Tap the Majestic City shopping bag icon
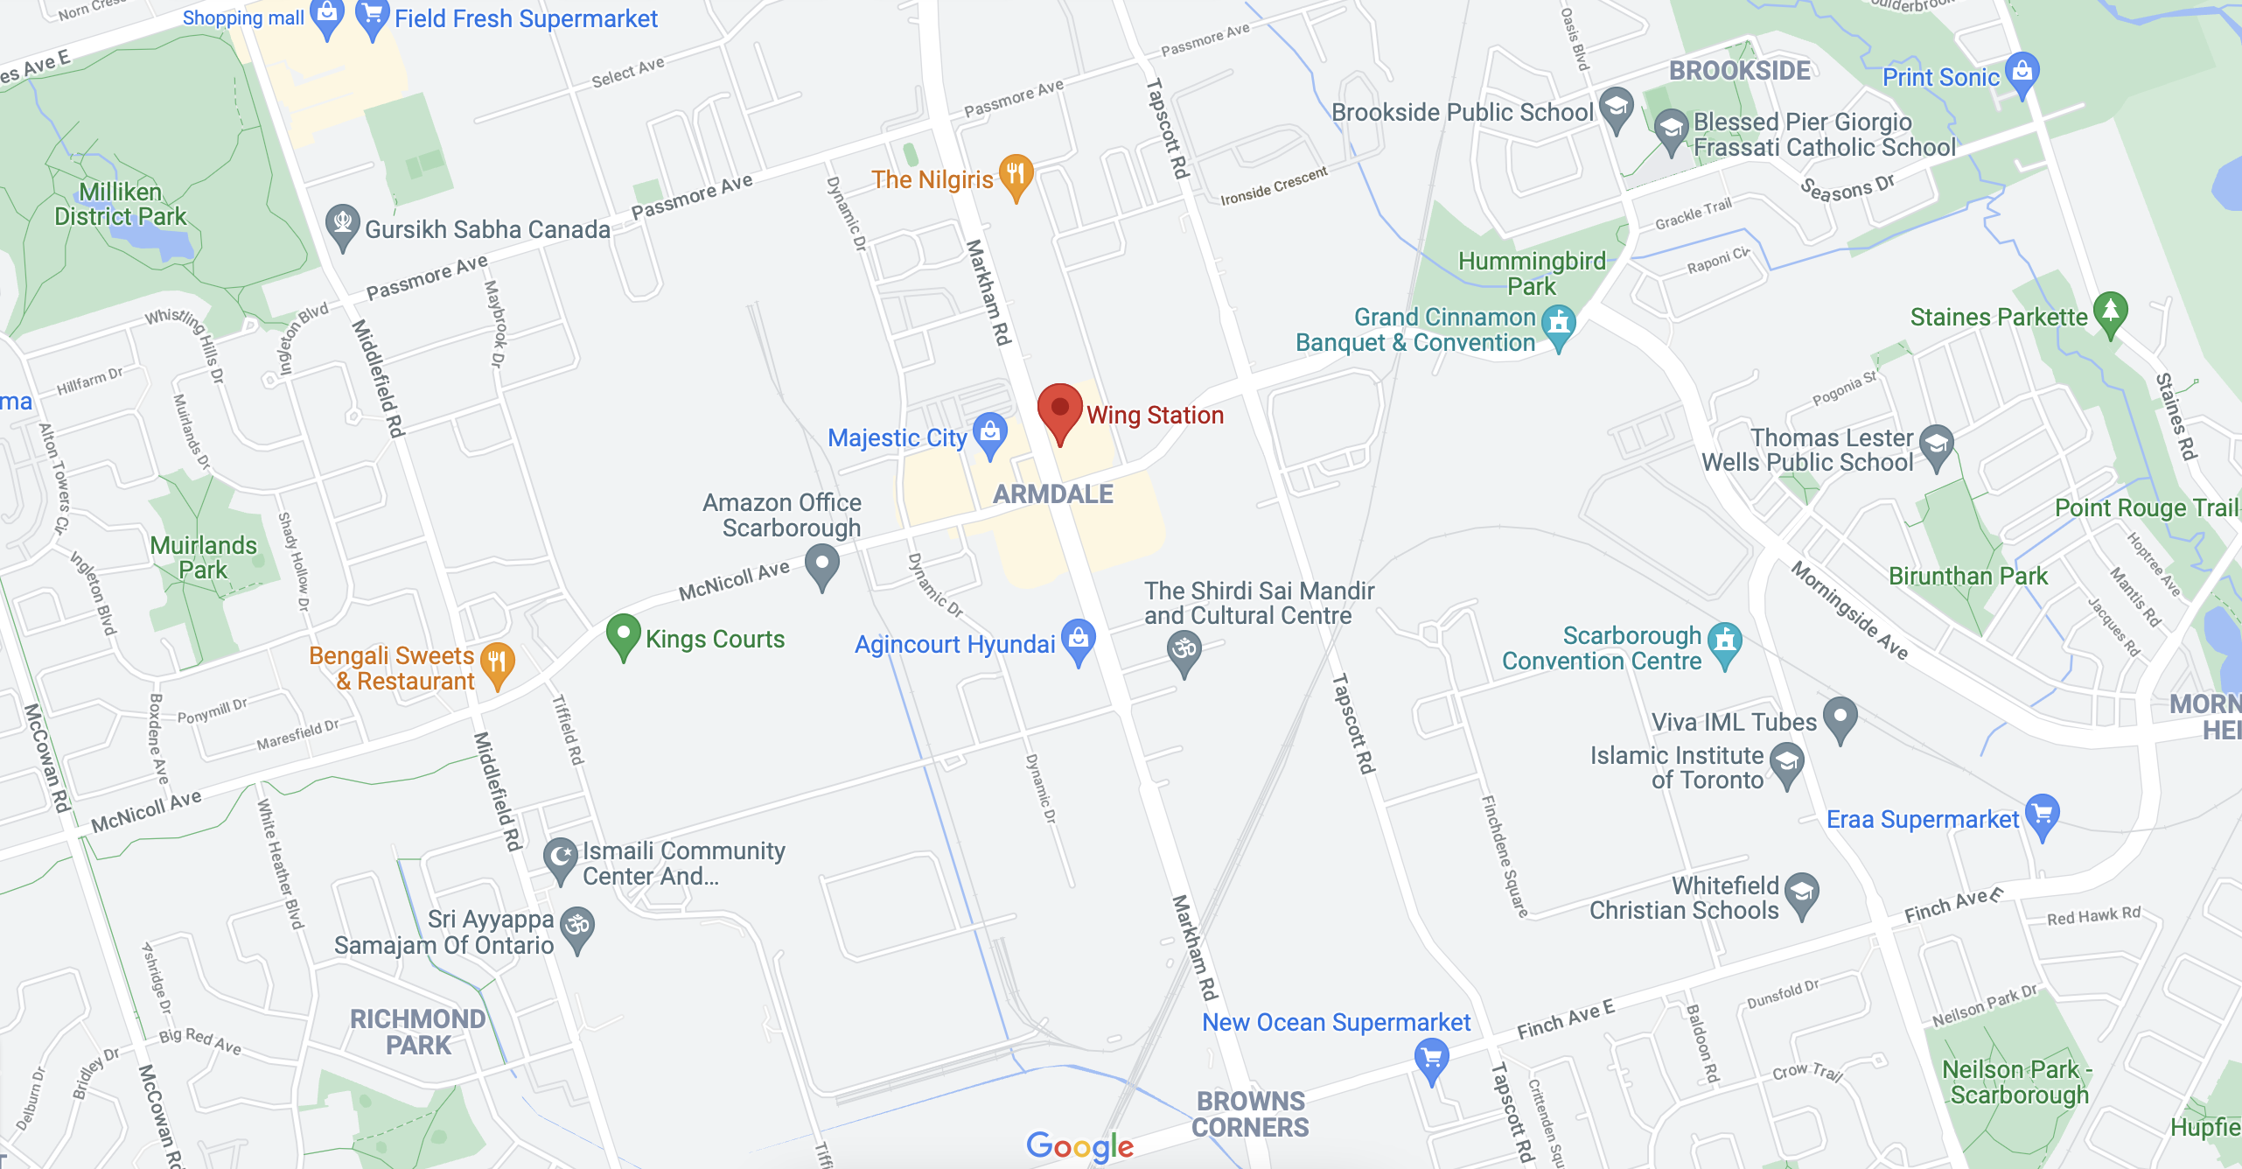point(990,432)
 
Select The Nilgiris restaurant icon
point(1016,174)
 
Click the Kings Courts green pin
point(623,633)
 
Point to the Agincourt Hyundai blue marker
point(1079,639)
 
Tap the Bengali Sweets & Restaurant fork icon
point(497,663)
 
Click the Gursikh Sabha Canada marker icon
point(342,224)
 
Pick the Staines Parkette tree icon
point(2111,311)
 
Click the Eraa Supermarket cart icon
point(2043,815)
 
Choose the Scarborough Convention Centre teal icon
point(1725,642)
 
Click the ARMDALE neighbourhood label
point(1053,494)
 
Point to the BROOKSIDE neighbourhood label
point(1739,71)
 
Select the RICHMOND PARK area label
point(418,1032)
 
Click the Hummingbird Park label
point(1531,273)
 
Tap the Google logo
point(1079,1145)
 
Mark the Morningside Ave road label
point(1849,610)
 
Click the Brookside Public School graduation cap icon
point(1616,108)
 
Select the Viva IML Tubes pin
point(1840,717)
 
